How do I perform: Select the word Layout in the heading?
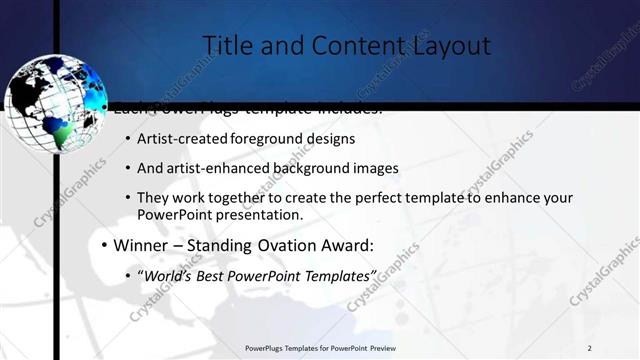(x=449, y=46)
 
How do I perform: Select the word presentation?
(x=255, y=215)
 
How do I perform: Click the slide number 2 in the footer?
(x=589, y=348)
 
